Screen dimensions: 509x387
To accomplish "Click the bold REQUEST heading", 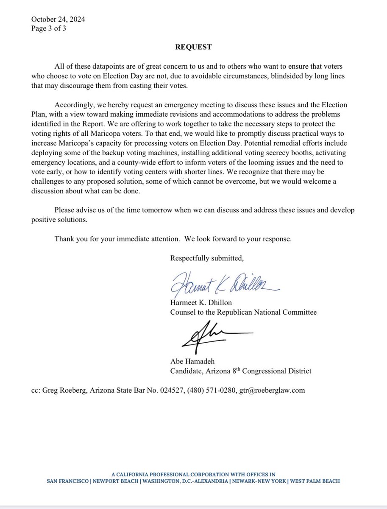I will coord(193,48).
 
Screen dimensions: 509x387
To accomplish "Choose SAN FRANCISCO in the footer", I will coord(67,481).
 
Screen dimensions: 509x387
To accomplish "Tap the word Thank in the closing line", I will coord(64,238).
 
